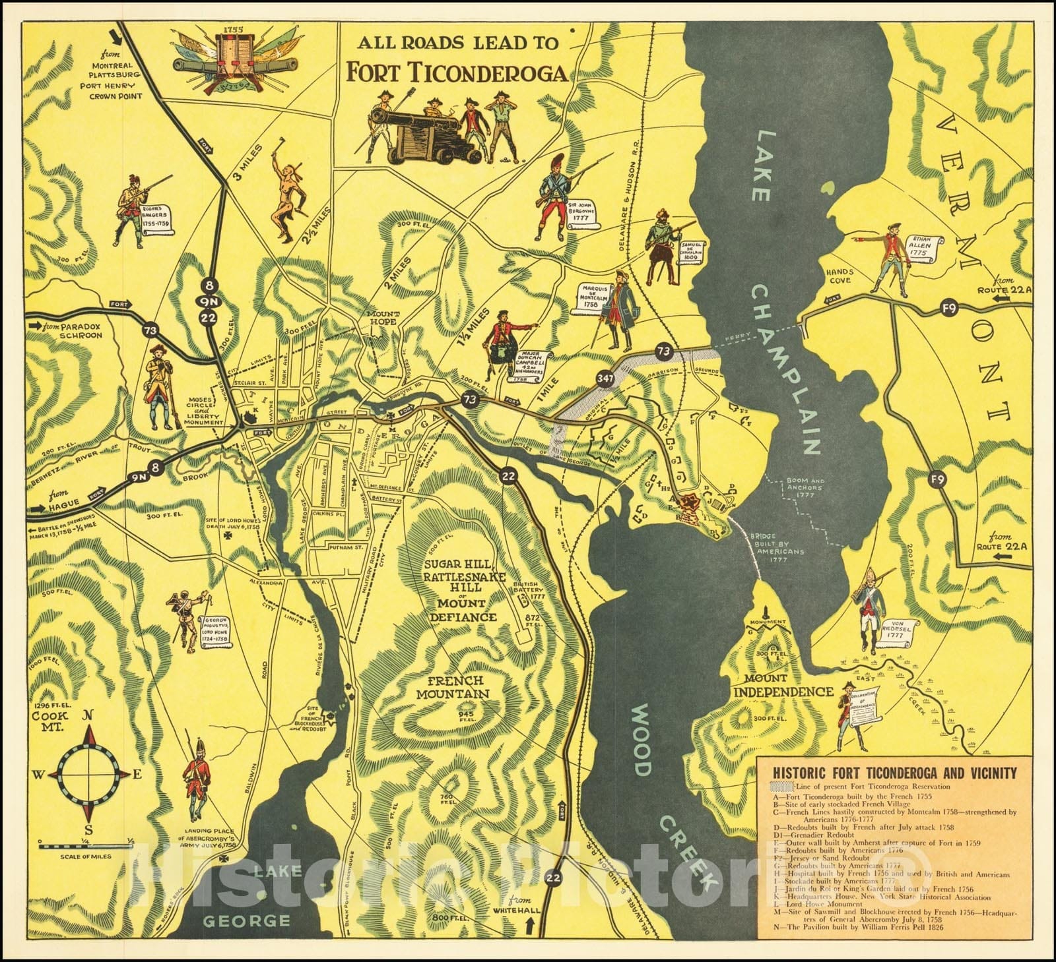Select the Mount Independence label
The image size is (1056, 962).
pos(783,685)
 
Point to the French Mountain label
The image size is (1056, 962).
pos(457,686)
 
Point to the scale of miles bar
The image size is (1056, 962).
pos(86,845)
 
